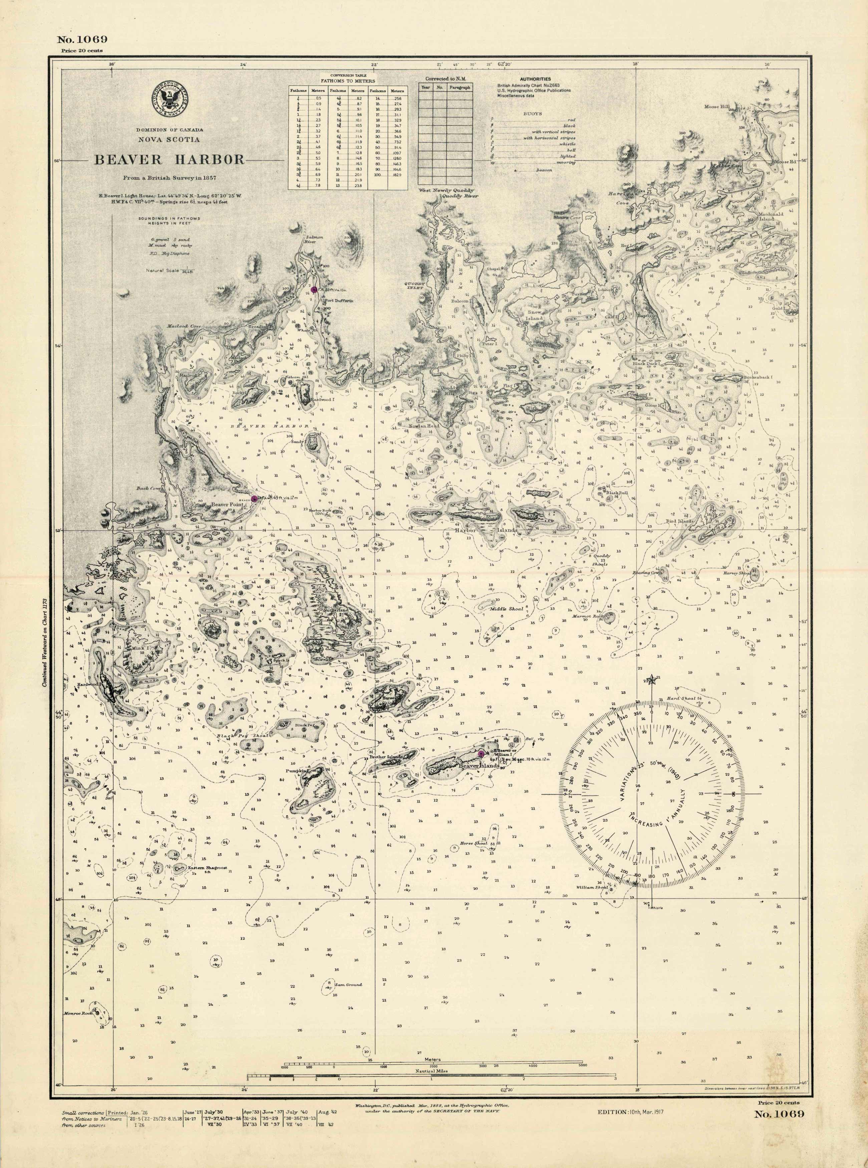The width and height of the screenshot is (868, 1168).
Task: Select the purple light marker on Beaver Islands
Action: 481,754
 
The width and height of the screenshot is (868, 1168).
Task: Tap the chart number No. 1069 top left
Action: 82,39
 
